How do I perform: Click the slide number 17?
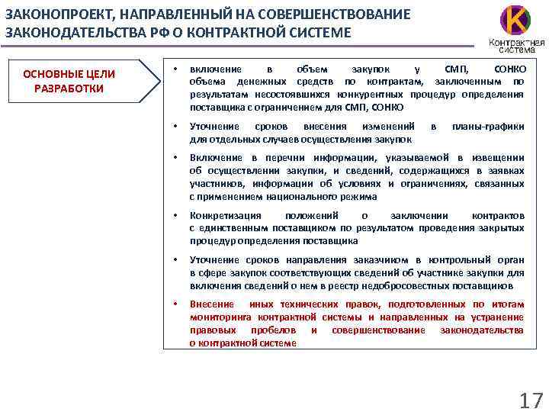coord(530,400)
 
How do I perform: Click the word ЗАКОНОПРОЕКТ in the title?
coord(56,14)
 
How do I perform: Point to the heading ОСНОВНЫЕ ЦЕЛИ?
coord(69,74)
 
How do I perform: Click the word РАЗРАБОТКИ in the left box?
coord(69,88)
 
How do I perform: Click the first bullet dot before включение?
coord(175,69)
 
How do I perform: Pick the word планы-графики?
coord(488,126)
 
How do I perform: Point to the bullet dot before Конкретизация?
coord(175,216)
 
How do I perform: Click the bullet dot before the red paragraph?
coord(175,304)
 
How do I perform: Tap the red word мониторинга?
coord(221,317)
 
